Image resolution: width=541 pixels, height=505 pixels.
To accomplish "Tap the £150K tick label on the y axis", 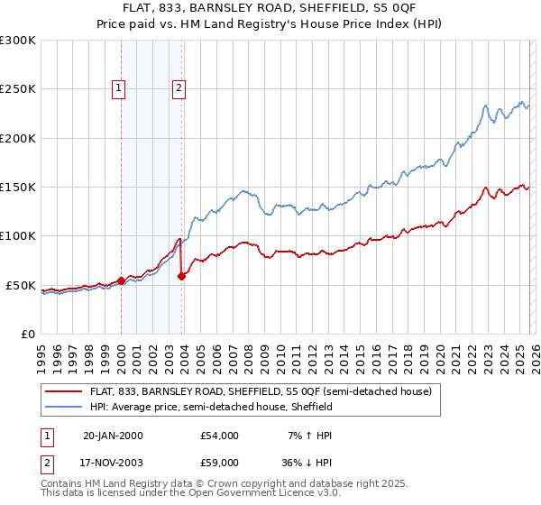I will [x=17, y=188].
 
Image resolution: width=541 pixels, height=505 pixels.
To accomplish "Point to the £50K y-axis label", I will [x=20, y=285].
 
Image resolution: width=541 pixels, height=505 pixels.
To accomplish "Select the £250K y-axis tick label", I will [x=17, y=89].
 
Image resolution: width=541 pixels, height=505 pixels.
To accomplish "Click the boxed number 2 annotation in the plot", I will [x=179, y=87].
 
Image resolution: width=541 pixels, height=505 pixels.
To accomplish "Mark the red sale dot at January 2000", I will [x=122, y=281].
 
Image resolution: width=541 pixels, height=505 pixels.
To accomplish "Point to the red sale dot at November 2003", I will [x=182, y=276].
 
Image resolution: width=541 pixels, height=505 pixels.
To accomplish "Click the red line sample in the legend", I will [x=64, y=392].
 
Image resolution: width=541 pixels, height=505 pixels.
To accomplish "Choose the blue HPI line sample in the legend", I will [x=64, y=408].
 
